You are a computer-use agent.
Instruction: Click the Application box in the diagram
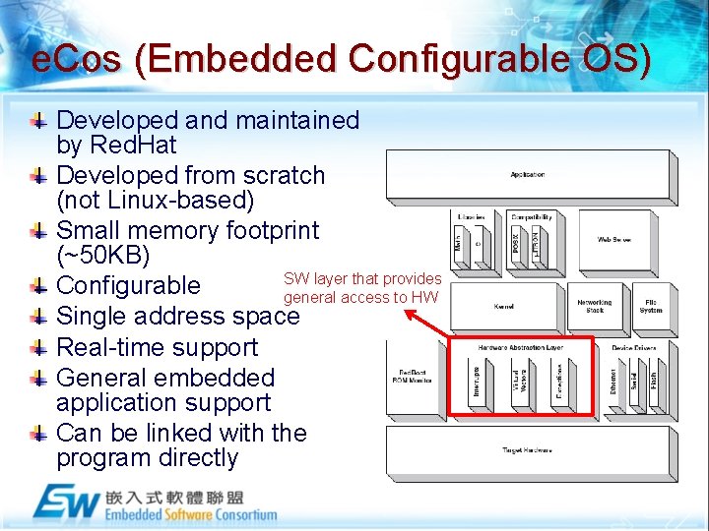pos(528,175)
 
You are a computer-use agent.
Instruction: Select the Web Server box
pos(614,240)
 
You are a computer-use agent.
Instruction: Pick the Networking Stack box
pos(594,307)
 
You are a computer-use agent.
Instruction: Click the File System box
pos(651,307)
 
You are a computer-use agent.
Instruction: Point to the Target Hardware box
pos(528,449)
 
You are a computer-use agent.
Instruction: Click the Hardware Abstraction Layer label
pos(521,348)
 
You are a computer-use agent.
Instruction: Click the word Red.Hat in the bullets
pos(133,146)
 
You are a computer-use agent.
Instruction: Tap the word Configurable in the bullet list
pos(129,286)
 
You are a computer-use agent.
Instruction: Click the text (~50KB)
pos(103,256)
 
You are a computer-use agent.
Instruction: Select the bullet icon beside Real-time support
pos(37,347)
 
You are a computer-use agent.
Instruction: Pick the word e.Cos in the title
pos(77,61)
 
